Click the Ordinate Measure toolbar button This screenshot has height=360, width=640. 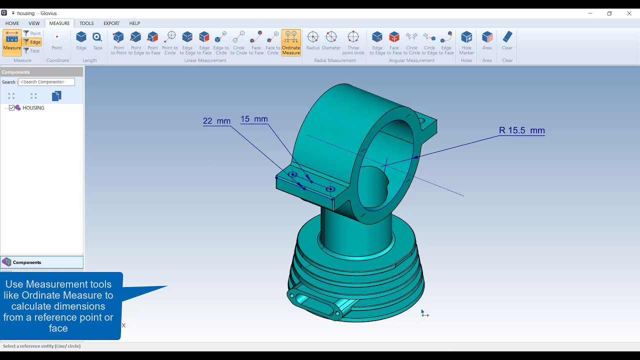[291, 42]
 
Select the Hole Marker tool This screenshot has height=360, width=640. [466, 42]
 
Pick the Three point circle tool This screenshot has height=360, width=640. [353, 42]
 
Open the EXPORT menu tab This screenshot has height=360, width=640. [111, 23]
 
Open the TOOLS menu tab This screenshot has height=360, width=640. [86, 23]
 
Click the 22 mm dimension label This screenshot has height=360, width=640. [216, 121]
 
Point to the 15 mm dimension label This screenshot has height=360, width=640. [254, 119]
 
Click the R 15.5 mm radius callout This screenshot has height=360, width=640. [521, 130]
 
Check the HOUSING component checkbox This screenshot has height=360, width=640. [12, 108]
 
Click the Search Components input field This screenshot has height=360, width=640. [46, 82]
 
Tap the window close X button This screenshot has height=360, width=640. [629, 13]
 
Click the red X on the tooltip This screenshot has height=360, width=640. [123, 325]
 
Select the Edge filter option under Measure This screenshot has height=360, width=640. [32, 42]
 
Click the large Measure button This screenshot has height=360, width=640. [12, 42]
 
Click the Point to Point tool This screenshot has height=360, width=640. [118, 42]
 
